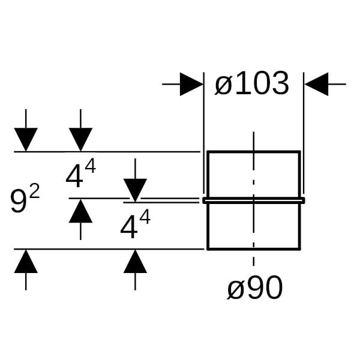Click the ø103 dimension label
(x=252, y=85)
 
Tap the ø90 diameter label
(x=254, y=289)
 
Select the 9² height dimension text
(x=25, y=200)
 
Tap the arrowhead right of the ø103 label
(x=316, y=85)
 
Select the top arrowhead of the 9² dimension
(x=26, y=140)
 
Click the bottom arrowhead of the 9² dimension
(x=26, y=262)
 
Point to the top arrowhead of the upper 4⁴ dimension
(x=80, y=140)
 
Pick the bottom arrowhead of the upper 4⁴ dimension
(x=80, y=211)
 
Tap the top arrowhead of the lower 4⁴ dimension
(x=135, y=190)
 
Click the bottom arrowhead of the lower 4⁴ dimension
(x=135, y=262)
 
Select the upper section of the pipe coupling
(x=253, y=174)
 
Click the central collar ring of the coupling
(x=253, y=200)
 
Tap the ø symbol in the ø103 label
(x=223, y=85)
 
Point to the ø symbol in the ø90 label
(x=236, y=290)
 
